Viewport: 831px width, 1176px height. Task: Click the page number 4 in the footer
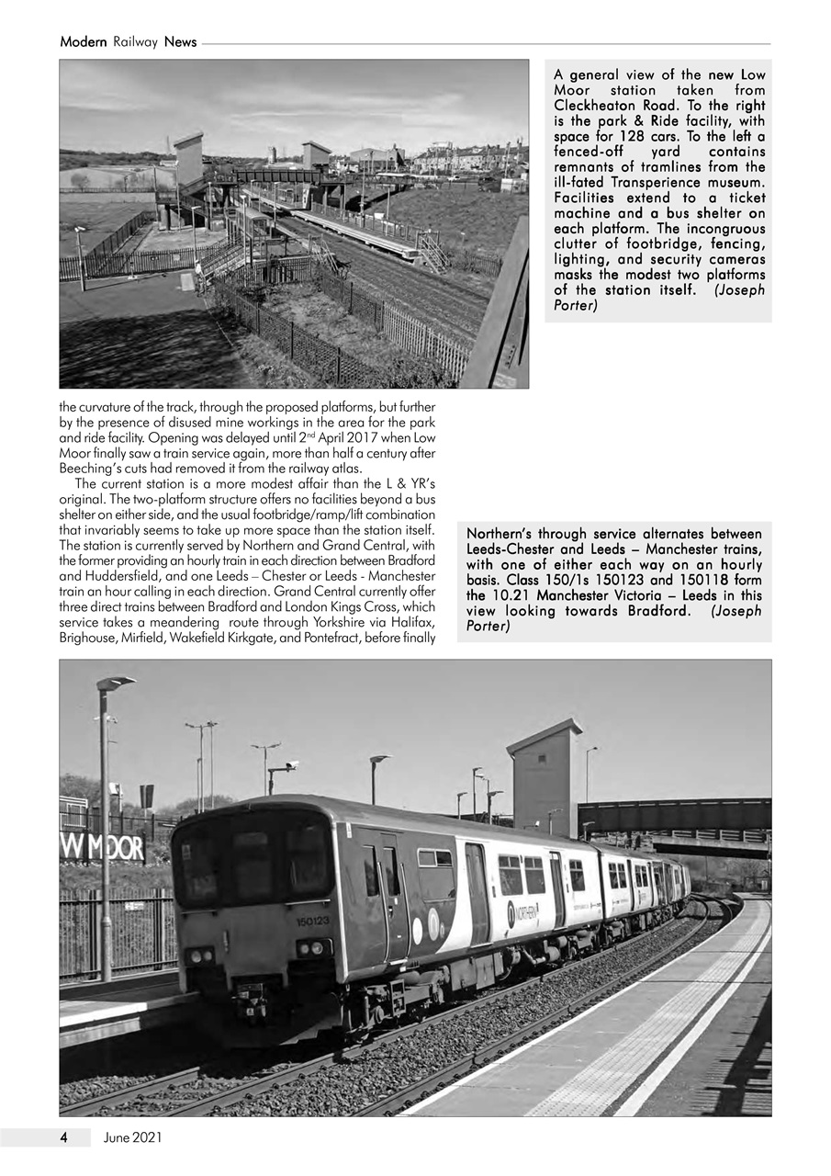63,1137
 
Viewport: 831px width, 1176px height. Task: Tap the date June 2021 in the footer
133,1137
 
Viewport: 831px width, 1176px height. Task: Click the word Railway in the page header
136,42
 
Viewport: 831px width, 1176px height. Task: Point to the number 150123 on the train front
312,921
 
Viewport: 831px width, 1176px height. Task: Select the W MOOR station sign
102,847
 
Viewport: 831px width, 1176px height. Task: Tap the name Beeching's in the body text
98,468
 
